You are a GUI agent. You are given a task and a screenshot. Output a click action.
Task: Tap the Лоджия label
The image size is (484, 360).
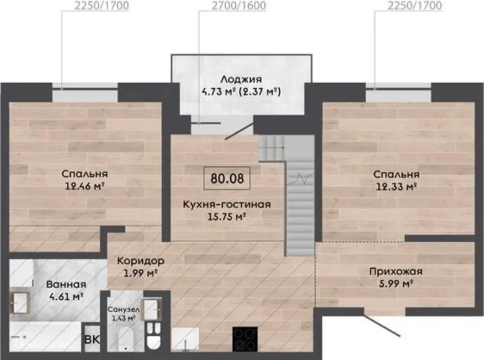click(x=241, y=79)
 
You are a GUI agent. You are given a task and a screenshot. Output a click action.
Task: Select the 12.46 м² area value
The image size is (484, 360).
click(x=85, y=186)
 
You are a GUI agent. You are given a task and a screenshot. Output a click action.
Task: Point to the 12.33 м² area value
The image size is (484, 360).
click(x=395, y=186)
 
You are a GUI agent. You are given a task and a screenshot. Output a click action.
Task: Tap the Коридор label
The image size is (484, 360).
click(x=140, y=261)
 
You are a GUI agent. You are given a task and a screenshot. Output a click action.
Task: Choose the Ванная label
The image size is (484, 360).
click(x=66, y=284)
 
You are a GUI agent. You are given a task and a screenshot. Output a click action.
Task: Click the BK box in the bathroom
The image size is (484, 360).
click(x=92, y=340)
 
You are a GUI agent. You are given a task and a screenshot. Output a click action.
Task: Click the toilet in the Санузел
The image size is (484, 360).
click(x=153, y=335)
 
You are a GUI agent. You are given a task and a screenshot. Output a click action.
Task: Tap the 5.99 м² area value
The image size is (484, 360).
click(x=395, y=284)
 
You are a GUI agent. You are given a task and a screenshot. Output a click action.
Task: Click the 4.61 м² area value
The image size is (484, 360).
click(x=66, y=297)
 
